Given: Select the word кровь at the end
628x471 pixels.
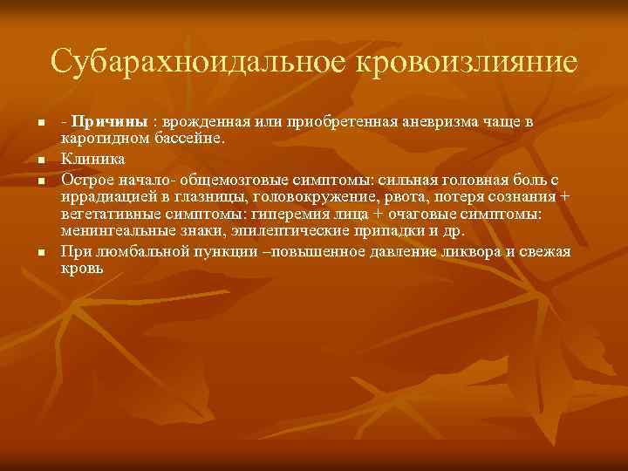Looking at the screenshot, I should coord(81,269).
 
